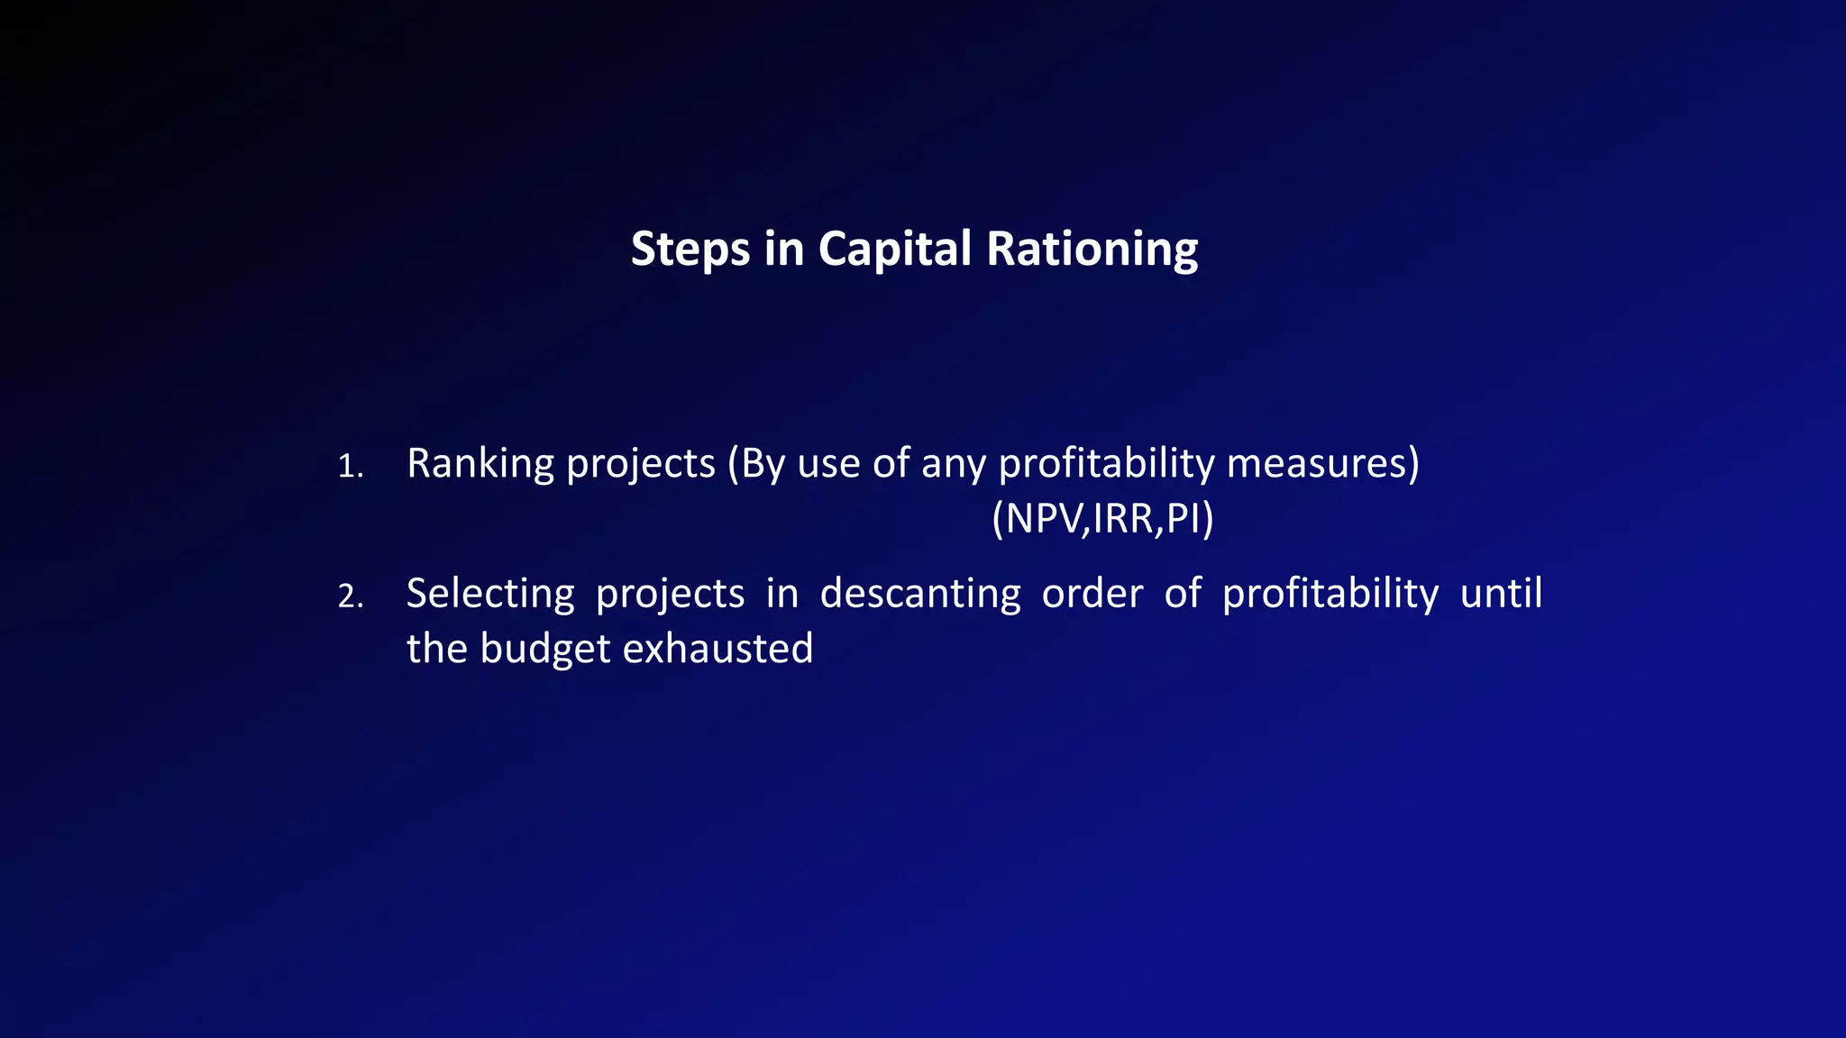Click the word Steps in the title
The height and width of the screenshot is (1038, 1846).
click(690, 250)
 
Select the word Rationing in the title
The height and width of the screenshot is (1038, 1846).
click(1092, 250)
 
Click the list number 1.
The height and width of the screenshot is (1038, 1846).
click(350, 467)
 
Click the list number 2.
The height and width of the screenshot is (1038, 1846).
click(350, 596)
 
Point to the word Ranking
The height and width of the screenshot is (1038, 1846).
click(480, 464)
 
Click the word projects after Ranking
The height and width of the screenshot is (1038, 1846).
click(640, 464)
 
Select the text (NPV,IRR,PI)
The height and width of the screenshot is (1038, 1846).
click(1102, 518)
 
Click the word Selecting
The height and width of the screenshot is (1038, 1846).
click(490, 594)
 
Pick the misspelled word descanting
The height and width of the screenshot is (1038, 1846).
click(919, 594)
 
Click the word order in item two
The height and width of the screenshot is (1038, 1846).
click(1092, 594)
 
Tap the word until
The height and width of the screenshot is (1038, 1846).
click(1501, 594)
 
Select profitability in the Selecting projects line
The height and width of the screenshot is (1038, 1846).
click(1330, 594)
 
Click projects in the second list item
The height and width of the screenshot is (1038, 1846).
click(670, 594)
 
